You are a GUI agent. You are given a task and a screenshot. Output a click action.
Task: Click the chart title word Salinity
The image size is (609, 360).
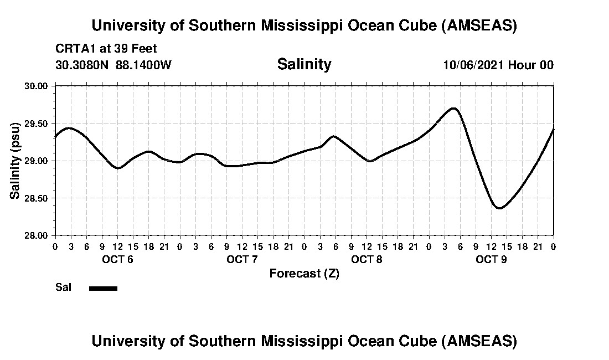(304, 64)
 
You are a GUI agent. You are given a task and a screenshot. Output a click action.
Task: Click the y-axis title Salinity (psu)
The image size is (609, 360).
(15, 161)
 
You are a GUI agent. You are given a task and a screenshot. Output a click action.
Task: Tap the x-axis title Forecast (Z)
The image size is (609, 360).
(304, 274)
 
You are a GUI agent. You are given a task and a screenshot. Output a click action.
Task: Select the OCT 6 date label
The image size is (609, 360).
(117, 259)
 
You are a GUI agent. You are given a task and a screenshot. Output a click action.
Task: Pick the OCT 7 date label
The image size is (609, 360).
(242, 259)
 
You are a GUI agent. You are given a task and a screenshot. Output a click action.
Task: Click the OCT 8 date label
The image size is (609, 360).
(367, 259)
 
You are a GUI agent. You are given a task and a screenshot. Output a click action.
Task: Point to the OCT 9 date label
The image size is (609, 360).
(491, 259)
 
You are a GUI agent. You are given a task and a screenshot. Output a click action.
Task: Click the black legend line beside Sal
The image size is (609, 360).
(103, 288)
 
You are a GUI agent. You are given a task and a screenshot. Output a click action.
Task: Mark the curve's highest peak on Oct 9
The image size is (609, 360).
(454, 108)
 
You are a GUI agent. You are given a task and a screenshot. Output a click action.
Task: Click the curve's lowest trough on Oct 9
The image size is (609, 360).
(499, 208)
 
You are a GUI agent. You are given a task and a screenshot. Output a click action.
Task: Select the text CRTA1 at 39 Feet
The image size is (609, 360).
(106, 49)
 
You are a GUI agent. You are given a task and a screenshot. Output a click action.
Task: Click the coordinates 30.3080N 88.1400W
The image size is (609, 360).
(113, 65)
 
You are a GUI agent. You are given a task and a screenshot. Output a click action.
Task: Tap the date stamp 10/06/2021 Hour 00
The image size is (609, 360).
(498, 65)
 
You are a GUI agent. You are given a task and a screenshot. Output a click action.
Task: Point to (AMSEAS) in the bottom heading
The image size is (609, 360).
(479, 341)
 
